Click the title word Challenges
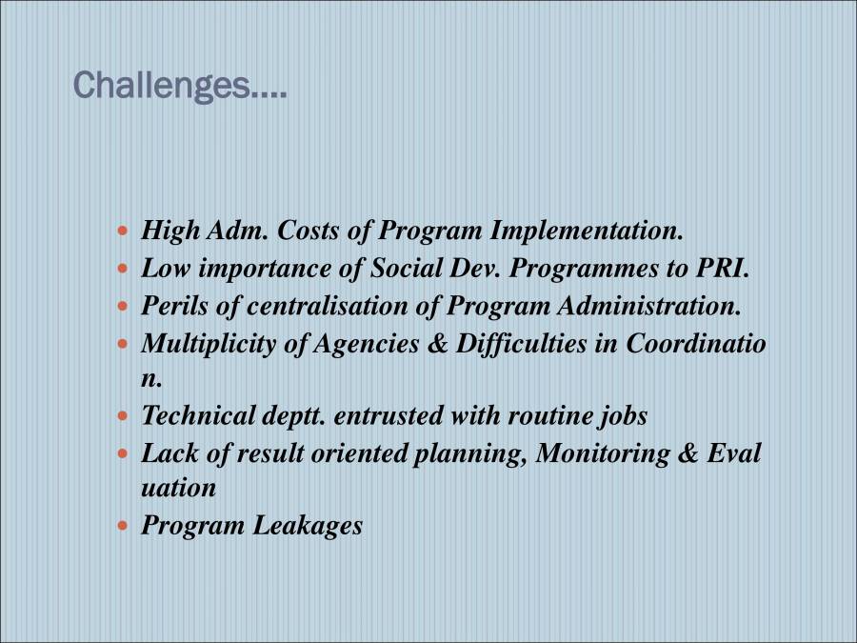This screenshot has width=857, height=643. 179,86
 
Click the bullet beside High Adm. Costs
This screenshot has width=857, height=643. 122,231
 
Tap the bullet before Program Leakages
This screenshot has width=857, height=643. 122,526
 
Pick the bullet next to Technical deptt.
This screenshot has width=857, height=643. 122,416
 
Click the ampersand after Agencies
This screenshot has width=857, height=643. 437,344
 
